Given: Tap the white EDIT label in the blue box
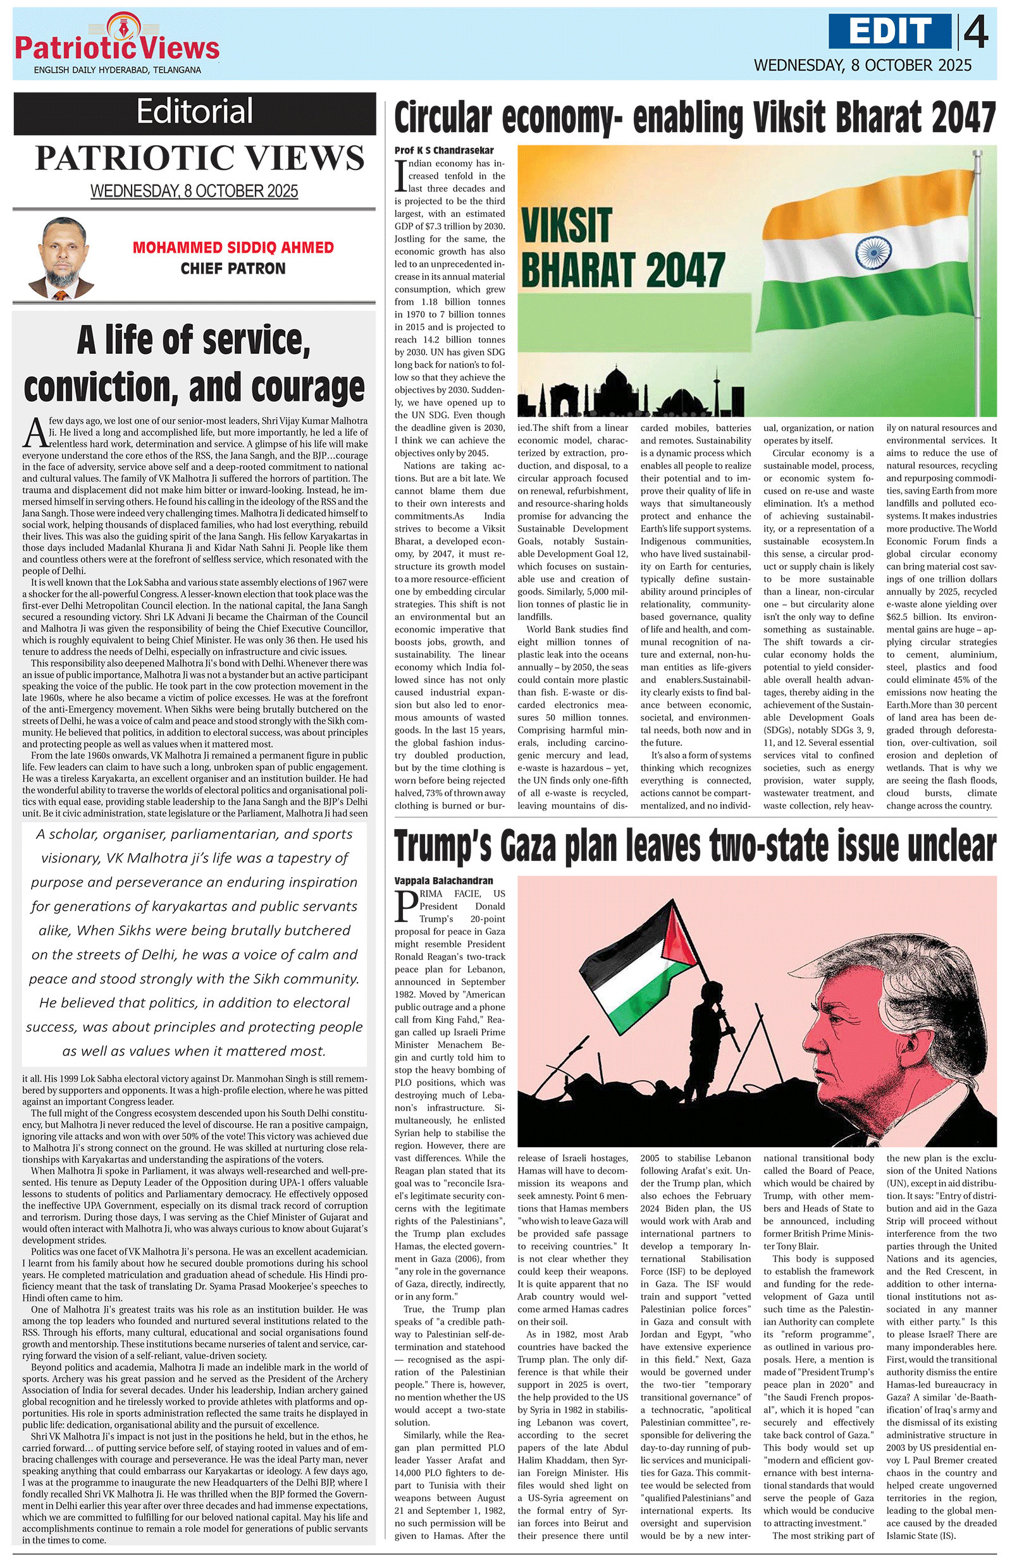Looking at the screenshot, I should pyautogui.click(x=891, y=32).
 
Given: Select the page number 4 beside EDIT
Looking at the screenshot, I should pyautogui.click(x=976, y=33).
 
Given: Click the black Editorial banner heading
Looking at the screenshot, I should pyautogui.click(x=195, y=112).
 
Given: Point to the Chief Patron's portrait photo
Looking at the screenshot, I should pyautogui.click(x=59, y=258).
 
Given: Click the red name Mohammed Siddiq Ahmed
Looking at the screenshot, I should pyautogui.click(x=233, y=248).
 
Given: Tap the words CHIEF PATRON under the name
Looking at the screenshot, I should pyautogui.click(x=233, y=269).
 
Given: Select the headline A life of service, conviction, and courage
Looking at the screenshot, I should pyautogui.click(x=194, y=364).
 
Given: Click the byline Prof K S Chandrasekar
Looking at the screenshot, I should pyautogui.click(x=444, y=150).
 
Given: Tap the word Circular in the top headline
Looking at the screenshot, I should pyautogui.click(x=442, y=118).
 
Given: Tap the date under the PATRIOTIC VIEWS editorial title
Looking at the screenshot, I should pyautogui.click(x=194, y=191).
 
